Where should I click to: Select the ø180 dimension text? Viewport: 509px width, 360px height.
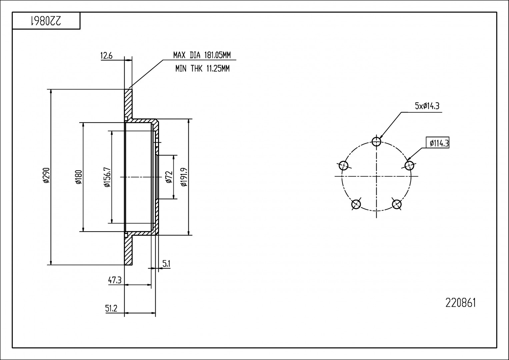pyautogui.click(x=78, y=177)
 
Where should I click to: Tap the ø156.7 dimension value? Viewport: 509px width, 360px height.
pyautogui.click(x=107, y=177)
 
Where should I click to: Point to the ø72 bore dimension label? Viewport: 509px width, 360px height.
pyautogui.click(x=169, y=177)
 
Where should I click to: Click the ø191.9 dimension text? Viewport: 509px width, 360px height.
pyautogui.click(x=183, y=177)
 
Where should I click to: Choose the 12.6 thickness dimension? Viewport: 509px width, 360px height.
pyautogui.click(x=106, y=56)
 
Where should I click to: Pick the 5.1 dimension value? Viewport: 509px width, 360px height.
pyautogui.click(x=166, y=264)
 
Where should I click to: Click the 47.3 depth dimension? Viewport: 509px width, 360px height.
pyautogui.click(x=114, y=280)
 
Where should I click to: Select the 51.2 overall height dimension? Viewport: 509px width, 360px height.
pyautogui.click(x=111, y=309)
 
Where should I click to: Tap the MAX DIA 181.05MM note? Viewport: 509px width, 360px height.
pyautogui.click(x=202, y=55)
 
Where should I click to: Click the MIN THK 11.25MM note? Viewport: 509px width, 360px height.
pyautogui.click(x=202, y=69)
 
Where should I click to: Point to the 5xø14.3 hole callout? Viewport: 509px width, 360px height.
pyautogui.click(x=427, y=106)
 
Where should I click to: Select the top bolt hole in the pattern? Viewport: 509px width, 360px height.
pyautogui.click(x=376, y=142)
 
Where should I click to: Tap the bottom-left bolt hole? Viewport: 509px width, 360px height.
pyautogui.click(x=356, y=204)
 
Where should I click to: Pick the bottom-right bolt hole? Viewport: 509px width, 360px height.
pyautogui.click(x=397, y=204)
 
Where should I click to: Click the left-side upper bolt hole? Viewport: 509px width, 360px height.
pyautogui.click(x=343, y=165)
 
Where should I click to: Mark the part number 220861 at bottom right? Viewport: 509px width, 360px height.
pyautogui.click(x=461, y=303)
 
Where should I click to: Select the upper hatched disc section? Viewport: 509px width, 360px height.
pyautogui.click(x=128, y=103)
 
